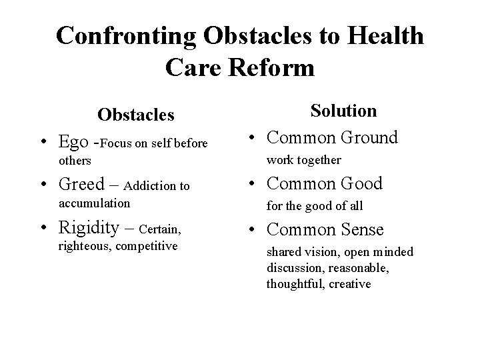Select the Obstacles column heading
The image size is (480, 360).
pyautogui.click(x=136, y=115)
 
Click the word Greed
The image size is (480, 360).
pyautogui.click(x=81, y=183)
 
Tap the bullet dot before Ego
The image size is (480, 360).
pyautogui.click(x=44, y=142)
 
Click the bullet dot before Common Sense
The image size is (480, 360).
pyautogui.click(x=252, y=231)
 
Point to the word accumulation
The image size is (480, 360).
pyautogui.click(x=94, y=203)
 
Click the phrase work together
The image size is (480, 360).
pyautogui.click(x=304, y=160)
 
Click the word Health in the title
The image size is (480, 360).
pyautogui.click(x=383, y=36)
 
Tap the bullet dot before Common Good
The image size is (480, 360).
pyautogui.click(x=252, y=184)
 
